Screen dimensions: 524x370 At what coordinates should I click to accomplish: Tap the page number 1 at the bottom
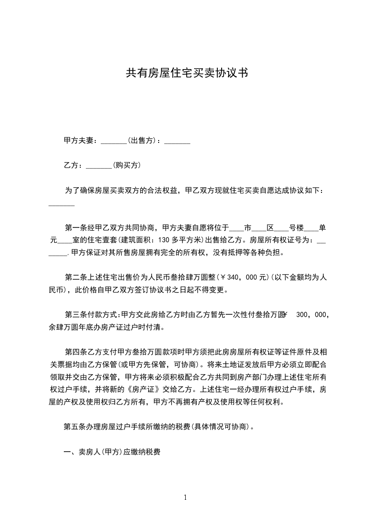click(x=185, y=497)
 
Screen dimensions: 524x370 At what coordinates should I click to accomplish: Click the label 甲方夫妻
click(x=79, y=141)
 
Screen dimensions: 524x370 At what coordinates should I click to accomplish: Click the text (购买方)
click(x=127, y=165)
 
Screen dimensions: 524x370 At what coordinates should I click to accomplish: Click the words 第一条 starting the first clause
click(x=75, y=228)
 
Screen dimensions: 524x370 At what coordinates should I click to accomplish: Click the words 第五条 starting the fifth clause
click(x=75, y=427)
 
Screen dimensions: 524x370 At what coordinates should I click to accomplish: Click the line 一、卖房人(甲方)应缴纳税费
click(x=112, y=452)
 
